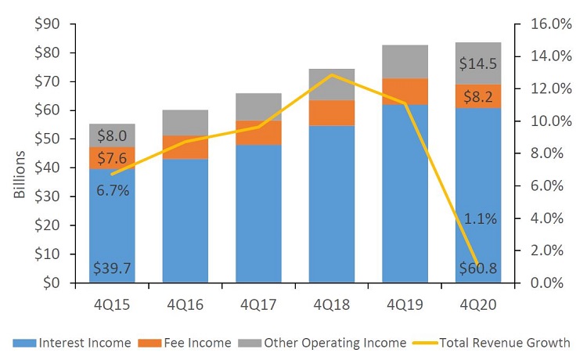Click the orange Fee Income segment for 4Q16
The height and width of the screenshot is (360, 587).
coord(185,147)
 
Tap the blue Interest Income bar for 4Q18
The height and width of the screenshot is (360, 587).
coord(332,203)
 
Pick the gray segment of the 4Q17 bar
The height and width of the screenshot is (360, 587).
coord(259,107)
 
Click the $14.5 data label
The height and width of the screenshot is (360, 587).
coord(478,63)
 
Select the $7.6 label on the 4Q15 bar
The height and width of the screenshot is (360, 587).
coord(112,158)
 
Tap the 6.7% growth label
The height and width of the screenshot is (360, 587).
coord(112,190)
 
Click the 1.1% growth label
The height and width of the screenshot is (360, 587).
coord(479,219)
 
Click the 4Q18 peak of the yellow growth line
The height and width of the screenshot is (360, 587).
coord(332,75)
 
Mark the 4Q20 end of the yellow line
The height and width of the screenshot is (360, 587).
coord(478,265)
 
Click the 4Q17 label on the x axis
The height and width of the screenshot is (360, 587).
coord(259,304)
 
